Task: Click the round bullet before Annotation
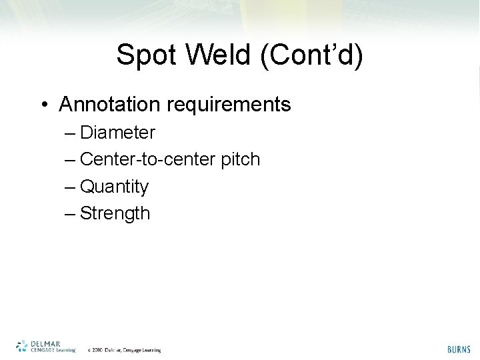[x=43, y=105]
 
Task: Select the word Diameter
[x=117, y=133]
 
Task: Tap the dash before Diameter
[x=71, y=133]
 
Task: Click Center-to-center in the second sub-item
[x=151, y=160]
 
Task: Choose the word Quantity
[x=114, y=187]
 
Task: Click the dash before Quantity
[x=71, y=187]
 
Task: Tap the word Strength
[x=115, y=214]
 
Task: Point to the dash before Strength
[x=71, y=214]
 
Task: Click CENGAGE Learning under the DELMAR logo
[x=53, y=350]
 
